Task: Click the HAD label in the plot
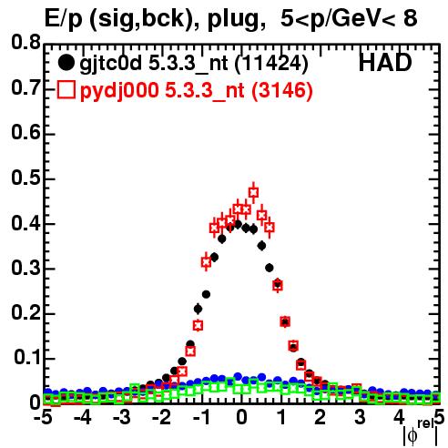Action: click(x=385, y=63)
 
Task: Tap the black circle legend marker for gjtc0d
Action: click(x=66, y=63)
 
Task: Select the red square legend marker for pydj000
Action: click(x=66, y=89)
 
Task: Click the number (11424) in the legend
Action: click(x=271, y=64)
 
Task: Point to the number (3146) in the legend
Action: click(x=282, y=91)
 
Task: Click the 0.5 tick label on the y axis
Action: click(x=25, y=178)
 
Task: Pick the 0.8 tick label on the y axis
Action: click(x=25, y=43)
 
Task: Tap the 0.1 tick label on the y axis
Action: click(x=27, y=358)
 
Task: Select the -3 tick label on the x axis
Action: click(x=122, y=418)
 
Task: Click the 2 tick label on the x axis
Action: click(x=321, y=418)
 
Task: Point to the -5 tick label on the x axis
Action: click(x=43, y=418)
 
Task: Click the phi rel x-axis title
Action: click(x=421, y=433)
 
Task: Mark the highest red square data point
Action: click(x=253, y=192)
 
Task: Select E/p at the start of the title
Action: click(x=63, y=19)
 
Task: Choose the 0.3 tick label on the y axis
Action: click(x=25, y=268)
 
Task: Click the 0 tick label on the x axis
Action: click(x=241, y=418)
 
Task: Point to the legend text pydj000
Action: click(x=119, y=91)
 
